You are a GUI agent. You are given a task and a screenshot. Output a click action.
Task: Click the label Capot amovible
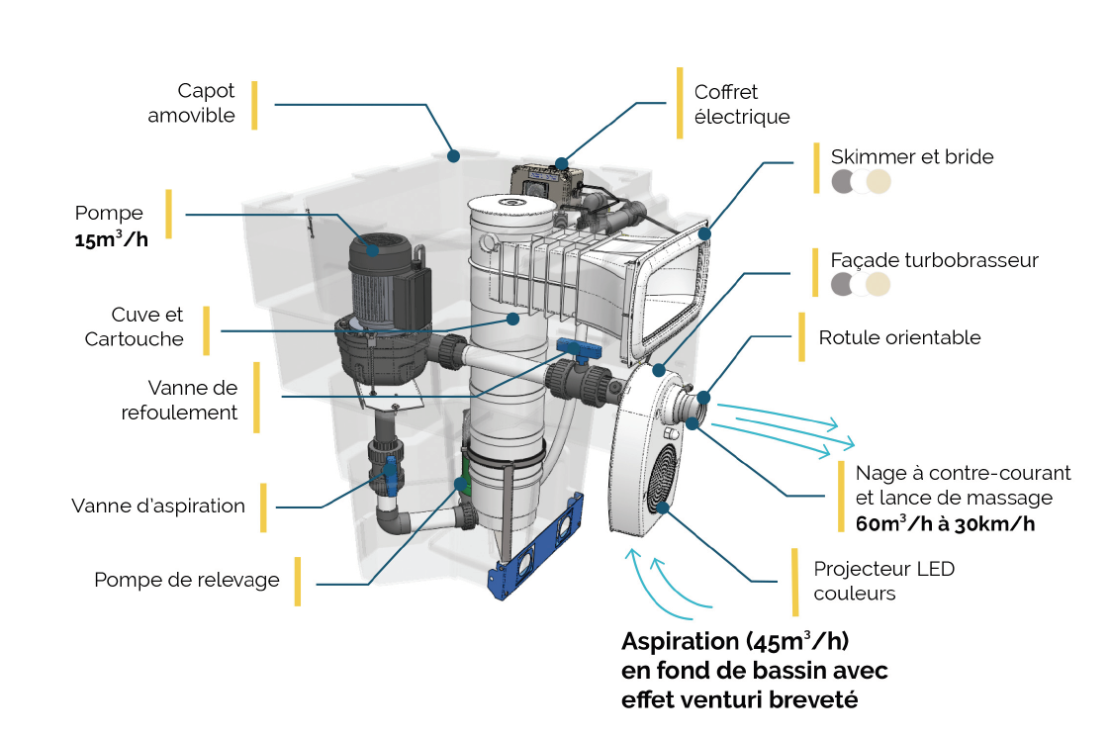click(192, 103)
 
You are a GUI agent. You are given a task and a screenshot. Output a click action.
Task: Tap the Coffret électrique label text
click(742, 104)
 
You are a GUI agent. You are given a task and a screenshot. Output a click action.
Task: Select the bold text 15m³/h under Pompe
click(111, 238)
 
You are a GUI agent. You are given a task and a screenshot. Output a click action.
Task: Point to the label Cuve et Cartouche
click(135, 327)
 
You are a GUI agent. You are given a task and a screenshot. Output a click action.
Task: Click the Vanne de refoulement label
click(180, 401)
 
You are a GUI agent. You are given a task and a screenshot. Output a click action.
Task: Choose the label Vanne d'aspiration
click(158, 506)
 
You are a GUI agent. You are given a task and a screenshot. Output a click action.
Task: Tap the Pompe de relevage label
click(187, 580)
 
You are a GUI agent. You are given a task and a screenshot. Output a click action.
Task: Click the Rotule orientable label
click(899, 337)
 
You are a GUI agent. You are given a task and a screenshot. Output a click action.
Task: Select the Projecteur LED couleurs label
click(883, 581)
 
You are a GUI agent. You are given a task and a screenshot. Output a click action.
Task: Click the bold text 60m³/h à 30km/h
click(945, 523)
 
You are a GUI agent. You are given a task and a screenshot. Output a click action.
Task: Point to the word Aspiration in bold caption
click(680, 641)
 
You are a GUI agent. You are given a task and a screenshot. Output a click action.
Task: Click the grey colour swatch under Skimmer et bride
click(844, 181)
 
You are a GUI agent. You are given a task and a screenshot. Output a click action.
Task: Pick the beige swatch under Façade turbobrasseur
click(879, 285)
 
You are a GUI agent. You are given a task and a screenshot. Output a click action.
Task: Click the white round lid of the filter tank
click(512, 205)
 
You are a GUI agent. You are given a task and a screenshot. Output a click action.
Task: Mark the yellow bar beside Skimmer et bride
click(816, 167)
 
